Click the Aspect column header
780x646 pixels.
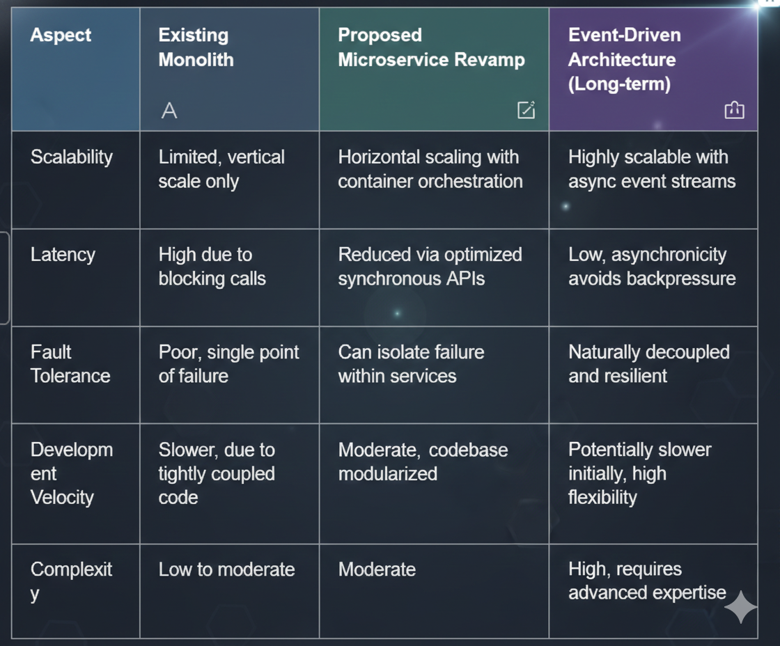click(61, 36)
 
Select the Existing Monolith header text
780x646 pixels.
click(196, 47)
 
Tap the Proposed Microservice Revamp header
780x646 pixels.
click(431, 47)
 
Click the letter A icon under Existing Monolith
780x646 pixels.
click(169, 110)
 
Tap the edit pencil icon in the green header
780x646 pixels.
click(526, 109)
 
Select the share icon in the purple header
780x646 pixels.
click(734, 109)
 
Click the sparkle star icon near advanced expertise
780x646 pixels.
click(740, 608)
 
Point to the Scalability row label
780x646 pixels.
click(71, 157)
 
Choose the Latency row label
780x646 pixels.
click(63, 255)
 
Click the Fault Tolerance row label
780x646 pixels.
click(70, 364)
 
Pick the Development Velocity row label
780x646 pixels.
click(70, 473)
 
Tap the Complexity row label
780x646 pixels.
click(71, 581)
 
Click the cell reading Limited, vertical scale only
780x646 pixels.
click(221, 169)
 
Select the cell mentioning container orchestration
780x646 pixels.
click(430, 169)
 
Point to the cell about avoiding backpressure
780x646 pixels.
click(651, 267)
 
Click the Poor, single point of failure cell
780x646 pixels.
click(228, 364)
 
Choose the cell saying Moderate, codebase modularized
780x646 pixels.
click(423, 462)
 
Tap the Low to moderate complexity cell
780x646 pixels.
click(226, 569)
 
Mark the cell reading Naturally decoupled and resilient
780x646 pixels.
click(648, 364)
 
